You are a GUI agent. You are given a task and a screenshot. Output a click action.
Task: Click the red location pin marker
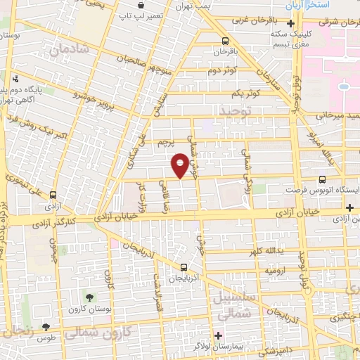click(x=180, y=166)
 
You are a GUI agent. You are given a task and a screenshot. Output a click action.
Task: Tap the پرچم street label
click(x=165, y=143)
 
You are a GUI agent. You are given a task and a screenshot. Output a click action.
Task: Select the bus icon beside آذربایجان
click(x=184, y=267)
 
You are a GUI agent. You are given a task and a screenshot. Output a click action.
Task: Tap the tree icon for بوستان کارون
click(x=89, y=296)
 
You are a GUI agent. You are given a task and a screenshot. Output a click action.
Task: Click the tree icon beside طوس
click(x=46, y=327)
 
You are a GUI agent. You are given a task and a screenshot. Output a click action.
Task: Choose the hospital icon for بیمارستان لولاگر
click(x=218, y=335)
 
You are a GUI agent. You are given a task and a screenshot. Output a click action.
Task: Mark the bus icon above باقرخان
click(x=224, y=41)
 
